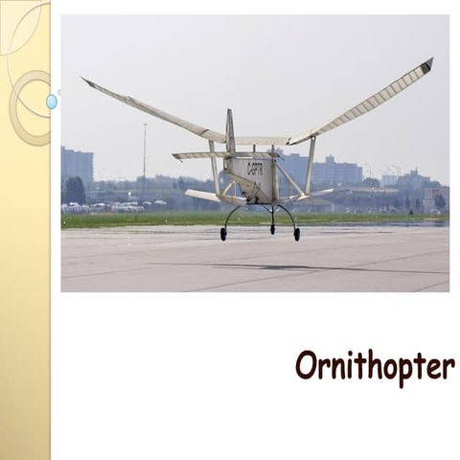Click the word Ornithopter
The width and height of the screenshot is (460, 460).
tap(375, 367)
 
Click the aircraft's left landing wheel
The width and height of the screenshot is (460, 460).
tap(223, 235)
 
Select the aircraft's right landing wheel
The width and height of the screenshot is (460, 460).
tap(296, 234)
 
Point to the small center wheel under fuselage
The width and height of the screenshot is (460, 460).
tap(272, 230)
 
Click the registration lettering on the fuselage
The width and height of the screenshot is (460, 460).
tap(256, 169)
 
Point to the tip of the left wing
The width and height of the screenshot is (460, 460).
tap(86, 81)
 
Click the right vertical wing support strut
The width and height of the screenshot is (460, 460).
tap(310, 166)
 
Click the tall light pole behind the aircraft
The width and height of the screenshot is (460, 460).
tap(145, 153)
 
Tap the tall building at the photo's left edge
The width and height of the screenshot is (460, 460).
tap(77, 168)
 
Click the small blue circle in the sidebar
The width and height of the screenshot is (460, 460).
tap(52, 101)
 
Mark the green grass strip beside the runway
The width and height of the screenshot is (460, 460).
tap(144, 218)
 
